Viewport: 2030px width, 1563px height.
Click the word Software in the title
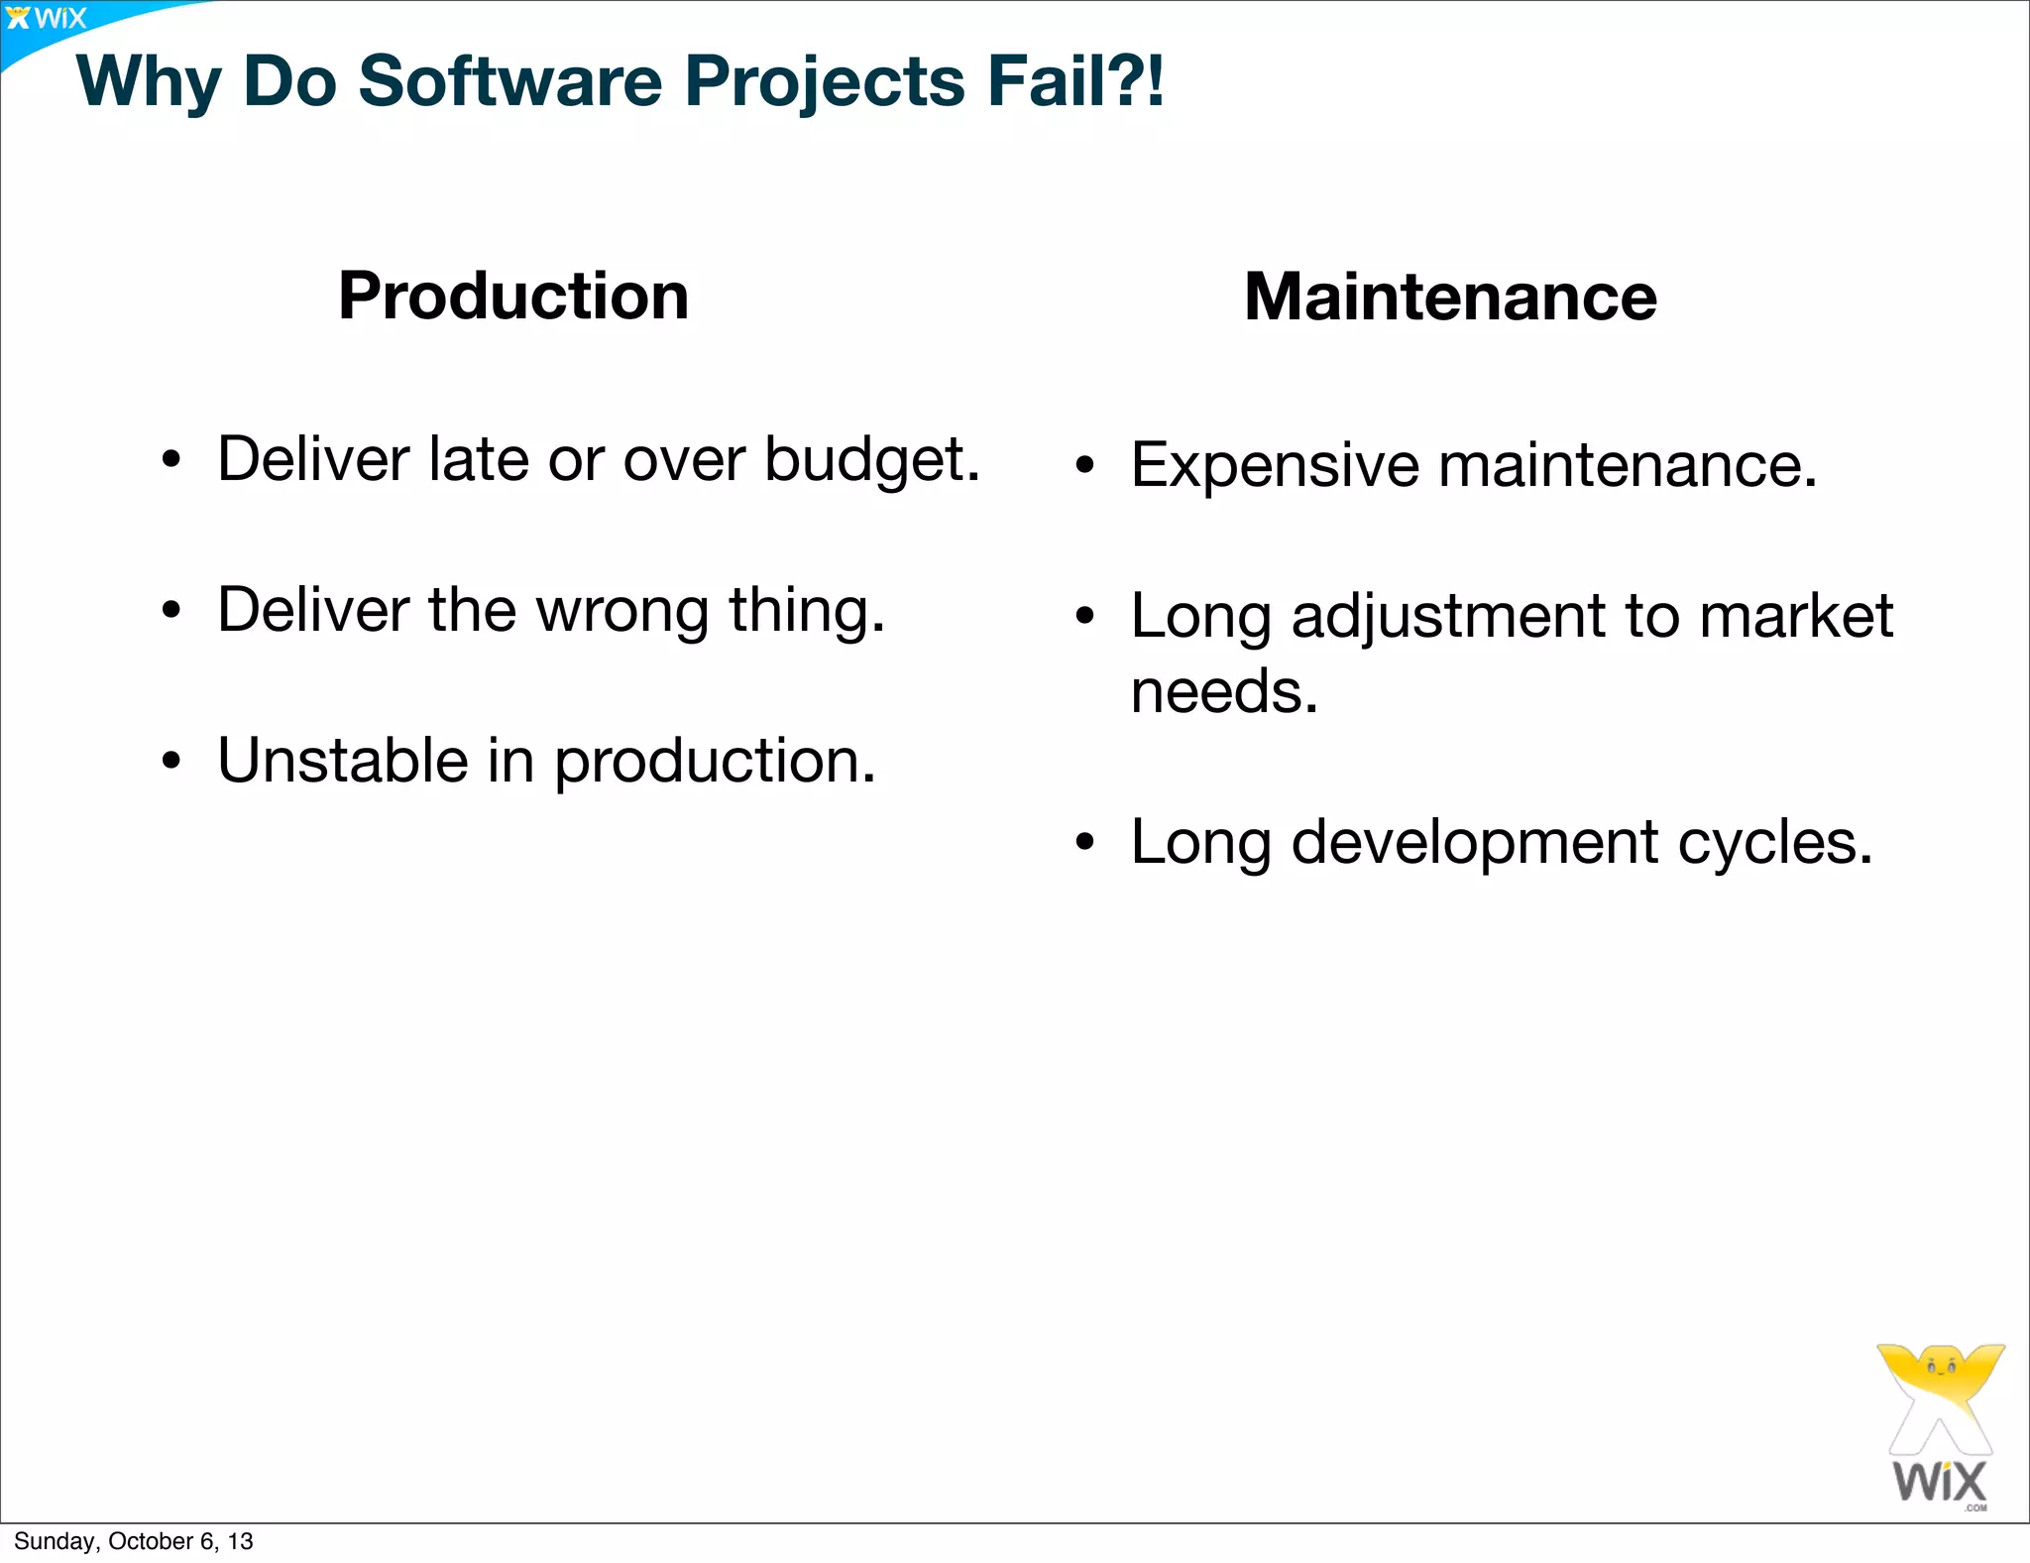[x=509, y=81]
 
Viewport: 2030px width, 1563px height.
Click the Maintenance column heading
[x=1450, y=297]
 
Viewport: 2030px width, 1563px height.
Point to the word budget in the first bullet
[x=871, y=461]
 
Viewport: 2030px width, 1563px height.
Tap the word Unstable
[x=343, y=761]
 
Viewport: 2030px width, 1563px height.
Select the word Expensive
[x=1275, y=466]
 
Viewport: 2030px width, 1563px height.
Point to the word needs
[x=1223, y=691]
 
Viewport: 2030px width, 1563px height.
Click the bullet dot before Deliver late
[x=172, y=461]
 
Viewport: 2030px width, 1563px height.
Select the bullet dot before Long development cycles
[x=1085, y=843]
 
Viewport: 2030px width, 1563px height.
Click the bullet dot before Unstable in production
[x=172, y=762]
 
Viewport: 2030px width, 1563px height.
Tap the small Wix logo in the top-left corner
[x=46, y=18]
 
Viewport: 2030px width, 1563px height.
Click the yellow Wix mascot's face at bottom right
[x=1940, y=1368]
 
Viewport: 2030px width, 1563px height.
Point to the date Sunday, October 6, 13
[x=134, y=1541]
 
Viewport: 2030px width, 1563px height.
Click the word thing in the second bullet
[x=806, y=611]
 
